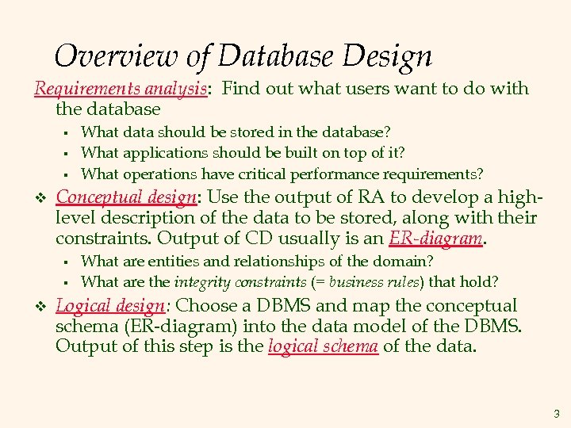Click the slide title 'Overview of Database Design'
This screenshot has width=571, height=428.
pyautogui.click(x=243, y=55)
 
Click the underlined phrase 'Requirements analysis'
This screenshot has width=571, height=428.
pyautogui.click(x=121, y=89)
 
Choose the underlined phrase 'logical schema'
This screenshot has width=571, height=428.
pyautogui.click(x=323, y=346)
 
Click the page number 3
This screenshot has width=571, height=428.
pyautogui.click(x=557, y=413)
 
